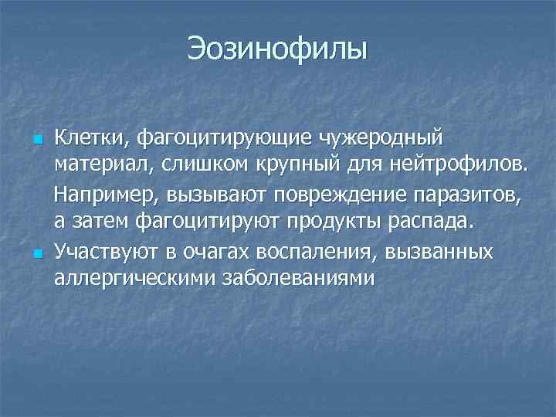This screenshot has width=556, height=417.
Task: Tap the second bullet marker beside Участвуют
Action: (x=36, y=253)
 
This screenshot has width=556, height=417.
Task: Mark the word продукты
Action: (x=334, y=222)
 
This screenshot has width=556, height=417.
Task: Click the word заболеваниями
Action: (x=293, y=277)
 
